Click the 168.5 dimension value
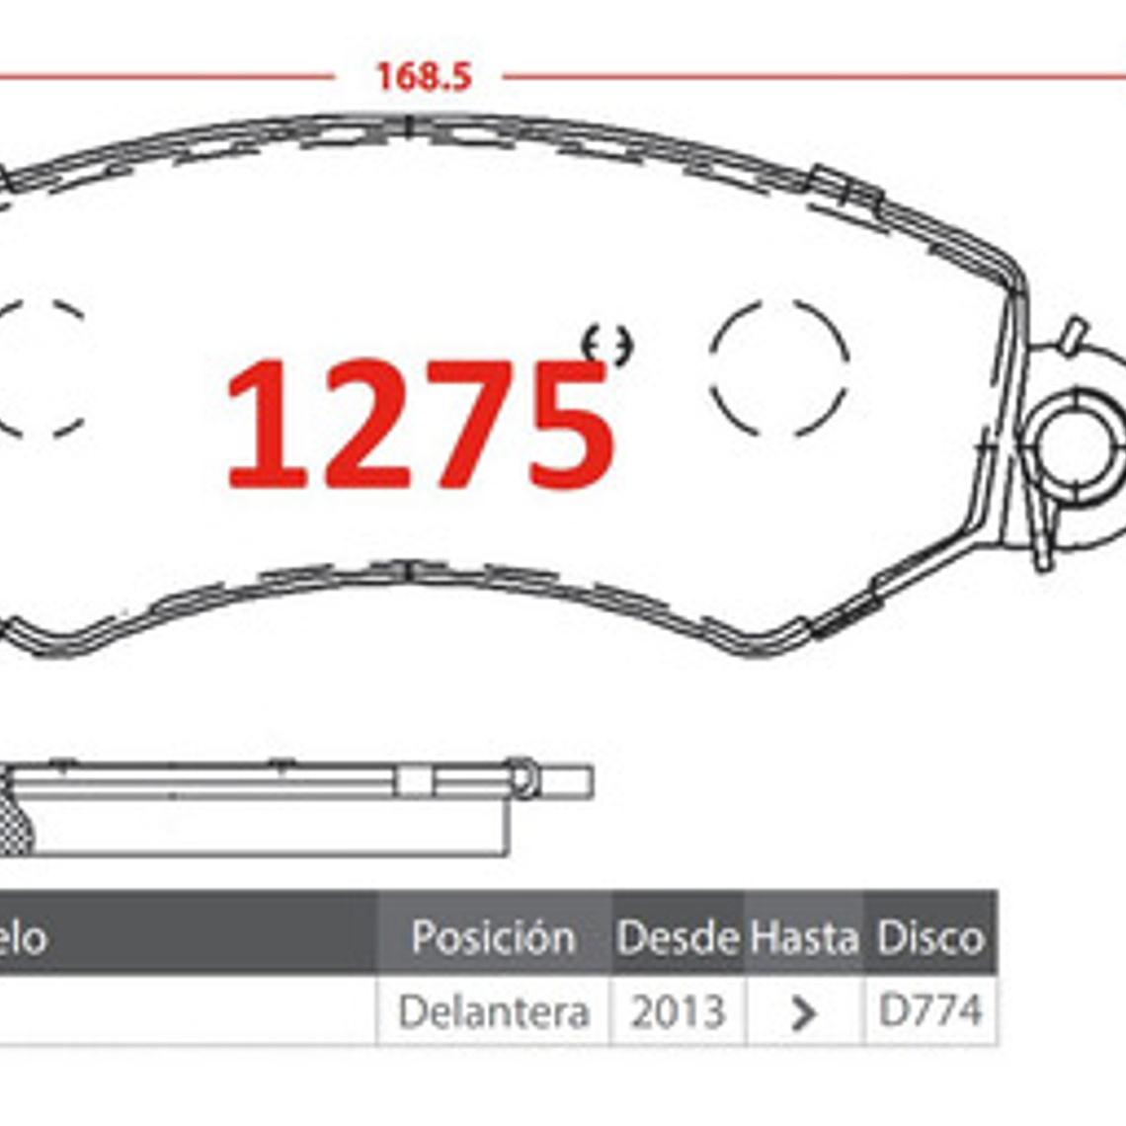[424, 77]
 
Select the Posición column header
[493, 936]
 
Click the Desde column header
[678, 936]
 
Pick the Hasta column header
[804, 936]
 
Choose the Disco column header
[930, 936]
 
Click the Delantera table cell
[493, 1011]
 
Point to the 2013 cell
[678, 1011]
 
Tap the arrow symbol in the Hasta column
[804, 1012]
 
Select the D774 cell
[930, 1010]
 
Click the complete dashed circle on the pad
[779, 366]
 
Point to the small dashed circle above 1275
[607, 345]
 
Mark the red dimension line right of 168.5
[810, 76]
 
